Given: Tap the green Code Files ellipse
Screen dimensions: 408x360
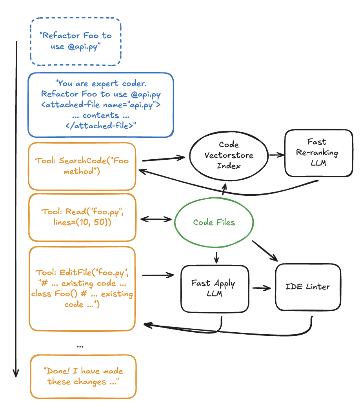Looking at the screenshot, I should pyautogui.click(x=214, y=222).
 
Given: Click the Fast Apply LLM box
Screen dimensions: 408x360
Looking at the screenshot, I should pyautogui.click(x=215, y=288).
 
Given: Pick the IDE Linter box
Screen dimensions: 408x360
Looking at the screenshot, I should pyautogui.click(x=308, y=286).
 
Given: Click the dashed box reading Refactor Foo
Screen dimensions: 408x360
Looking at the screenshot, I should pyautogui.click(x=76, y=41).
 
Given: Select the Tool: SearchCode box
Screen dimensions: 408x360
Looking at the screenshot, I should pyautogui.click(x=82, y=166).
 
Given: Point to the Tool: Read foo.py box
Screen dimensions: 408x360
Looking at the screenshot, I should pyautogui.click(x=82, y=217).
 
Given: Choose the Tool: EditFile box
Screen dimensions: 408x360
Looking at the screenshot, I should pyautogui.click(x=82, y=288).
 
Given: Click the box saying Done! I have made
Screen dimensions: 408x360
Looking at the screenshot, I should pyautogui.click(x=83, y=377).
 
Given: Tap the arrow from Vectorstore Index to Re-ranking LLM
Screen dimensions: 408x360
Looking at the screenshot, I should pyautogui.click(x=276, y=155).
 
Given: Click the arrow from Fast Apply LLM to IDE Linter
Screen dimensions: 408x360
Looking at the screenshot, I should pyautogui.click(x=262, y=288).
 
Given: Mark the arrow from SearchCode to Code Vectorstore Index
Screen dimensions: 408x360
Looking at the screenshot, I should pyautogui.click(x=163, y=159).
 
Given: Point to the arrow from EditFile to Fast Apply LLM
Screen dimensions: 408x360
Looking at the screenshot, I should pyautogui.click(x=158, y=275).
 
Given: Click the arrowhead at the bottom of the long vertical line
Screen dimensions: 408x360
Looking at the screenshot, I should pyautogui.click(x=16, y=373).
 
